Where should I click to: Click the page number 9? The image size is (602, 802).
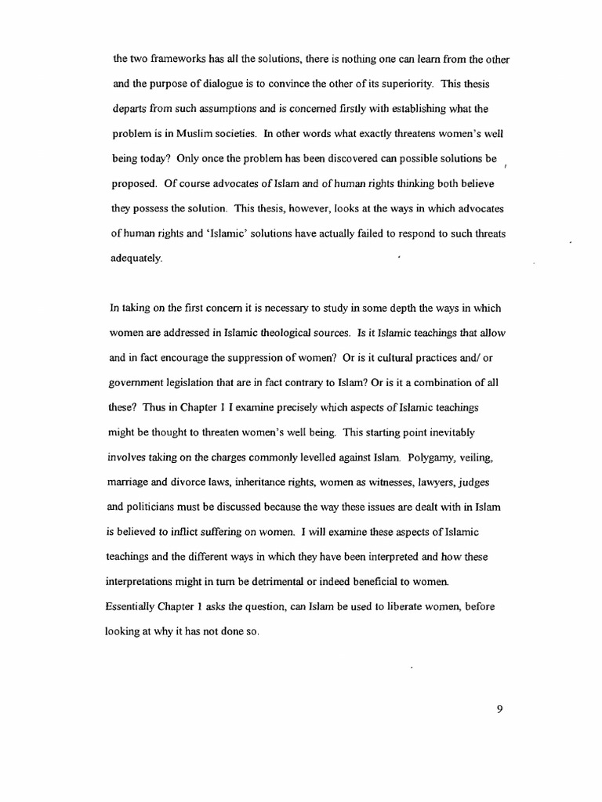[x=499, y=710]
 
